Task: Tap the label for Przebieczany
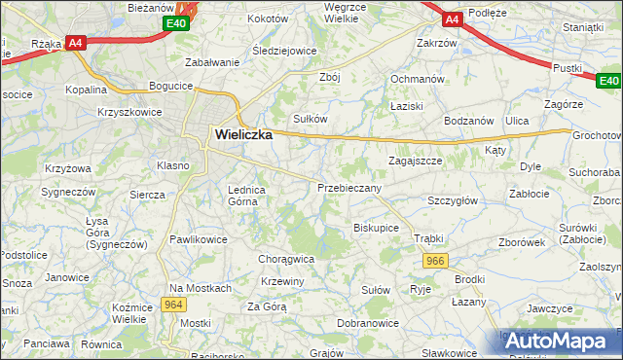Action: point(348,188)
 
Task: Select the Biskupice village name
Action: point(376,228)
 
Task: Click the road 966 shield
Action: point(436,261)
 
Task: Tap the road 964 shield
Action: point(174,306)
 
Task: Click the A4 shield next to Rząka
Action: point(76,43)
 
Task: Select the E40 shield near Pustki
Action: point(608,82)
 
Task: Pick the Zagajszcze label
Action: point(416,160)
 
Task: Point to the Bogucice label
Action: point(170,87)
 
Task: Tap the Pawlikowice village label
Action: point(199,238)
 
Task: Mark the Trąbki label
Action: point(428,238)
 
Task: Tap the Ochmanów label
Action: point(417,79)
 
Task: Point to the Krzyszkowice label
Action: point(128,113)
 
